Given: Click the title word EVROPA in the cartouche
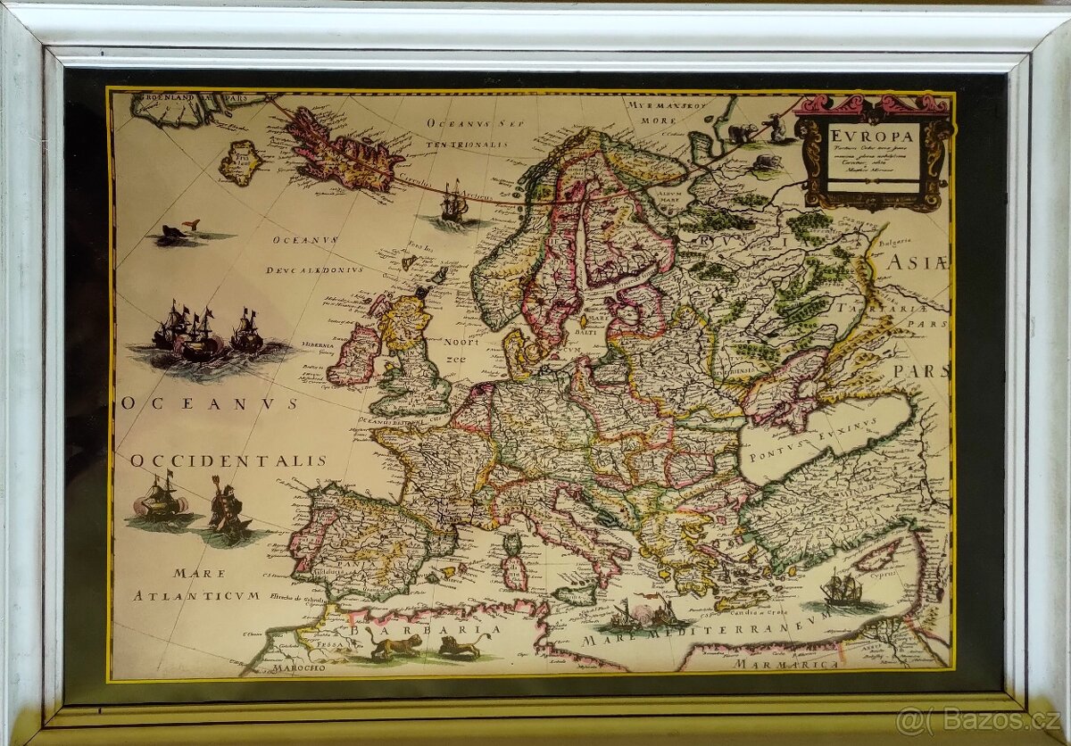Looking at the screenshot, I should [872, 137].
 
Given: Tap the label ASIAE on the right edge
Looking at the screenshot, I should [917, 261].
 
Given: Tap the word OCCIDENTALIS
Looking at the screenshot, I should [228, 461].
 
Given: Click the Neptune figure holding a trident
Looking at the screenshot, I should [225, 508].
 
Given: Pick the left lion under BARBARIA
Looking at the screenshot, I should [393, 643].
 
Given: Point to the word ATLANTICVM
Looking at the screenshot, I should [196, 594].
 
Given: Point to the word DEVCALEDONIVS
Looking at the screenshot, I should [313, 269].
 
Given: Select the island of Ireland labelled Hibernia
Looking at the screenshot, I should [355, 352].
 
